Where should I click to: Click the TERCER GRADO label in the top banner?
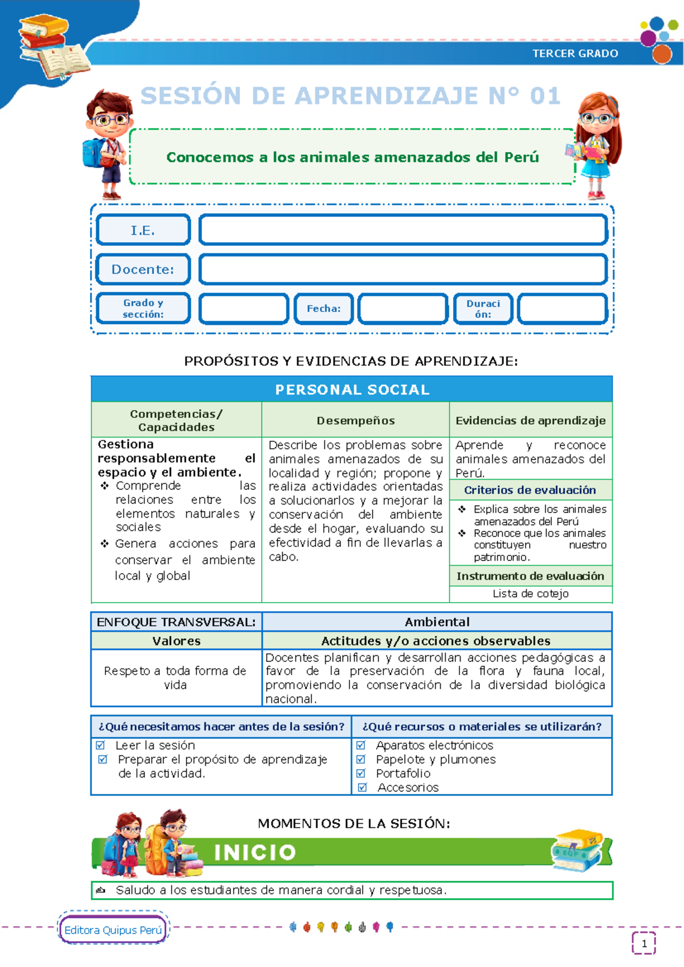(x=575, y=54)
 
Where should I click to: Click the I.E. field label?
(x=143, y=230)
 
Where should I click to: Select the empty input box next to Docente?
(x=403, y=269)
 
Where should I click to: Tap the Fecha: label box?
(x=324, y=308)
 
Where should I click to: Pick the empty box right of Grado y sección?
(x=244, y=308)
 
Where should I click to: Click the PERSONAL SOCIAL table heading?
(x=352, y=389)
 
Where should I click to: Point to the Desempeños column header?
(x=356, y=420)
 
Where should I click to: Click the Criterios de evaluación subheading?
(x=530, y=490)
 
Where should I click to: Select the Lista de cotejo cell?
(x=531, y=594)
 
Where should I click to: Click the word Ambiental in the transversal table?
(x=437, y=621)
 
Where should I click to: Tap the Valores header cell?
(x=176, y=641)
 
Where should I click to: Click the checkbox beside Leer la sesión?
(x=101, y=745)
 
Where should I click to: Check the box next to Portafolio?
(x=361, y=773)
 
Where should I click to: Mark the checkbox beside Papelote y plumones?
(x=361, y=759)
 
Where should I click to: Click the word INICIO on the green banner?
(x=255, y=852)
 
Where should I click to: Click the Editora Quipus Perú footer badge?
(x=113, y=930)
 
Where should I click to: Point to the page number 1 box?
(x=644, y=944)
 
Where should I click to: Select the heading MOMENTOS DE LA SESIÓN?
(x=353, y=823)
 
